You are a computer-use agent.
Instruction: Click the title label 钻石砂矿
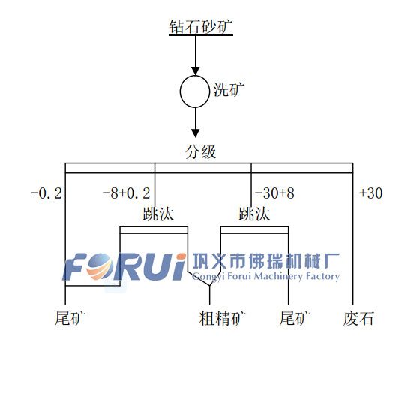[201, 27]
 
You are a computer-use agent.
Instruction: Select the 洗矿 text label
[229, 90]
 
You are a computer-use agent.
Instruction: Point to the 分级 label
[201, 152]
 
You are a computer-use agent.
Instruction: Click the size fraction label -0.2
[46, 193]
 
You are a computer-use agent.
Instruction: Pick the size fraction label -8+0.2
[127, 193]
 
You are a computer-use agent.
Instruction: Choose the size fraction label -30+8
[274, 193]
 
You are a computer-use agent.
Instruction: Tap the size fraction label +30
[371, 193]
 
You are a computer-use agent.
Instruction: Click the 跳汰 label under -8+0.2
[158, 214]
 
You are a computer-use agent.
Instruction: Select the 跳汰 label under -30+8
[254, 214]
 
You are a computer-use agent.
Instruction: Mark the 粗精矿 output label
[223, 318]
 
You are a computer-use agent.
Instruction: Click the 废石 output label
[358, 318]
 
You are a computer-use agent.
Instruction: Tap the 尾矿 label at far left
[70, 318]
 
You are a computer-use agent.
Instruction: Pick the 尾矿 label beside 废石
[295, 318]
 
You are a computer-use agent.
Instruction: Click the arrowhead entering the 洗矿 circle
[196, 71]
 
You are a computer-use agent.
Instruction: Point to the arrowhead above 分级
[196, 133]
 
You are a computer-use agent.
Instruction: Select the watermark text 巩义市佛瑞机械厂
[266, 261]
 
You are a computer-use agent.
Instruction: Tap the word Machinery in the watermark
[278, 277]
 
